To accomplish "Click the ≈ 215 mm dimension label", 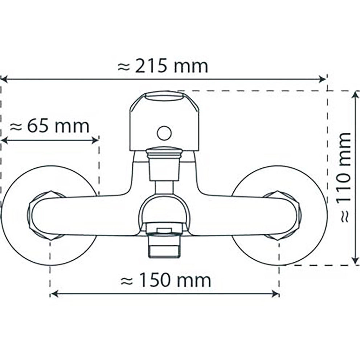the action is click(x=163, y=66).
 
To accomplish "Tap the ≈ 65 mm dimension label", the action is click(x=50, y=126).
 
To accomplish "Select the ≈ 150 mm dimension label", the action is click(x=166, y=281).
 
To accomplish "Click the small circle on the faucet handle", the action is click(x=164, y=133).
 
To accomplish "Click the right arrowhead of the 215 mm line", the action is click(x=322, y=79).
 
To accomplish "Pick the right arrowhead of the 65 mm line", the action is click(x=95, y=140).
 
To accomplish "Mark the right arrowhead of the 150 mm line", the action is click(x=275, y=294).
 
